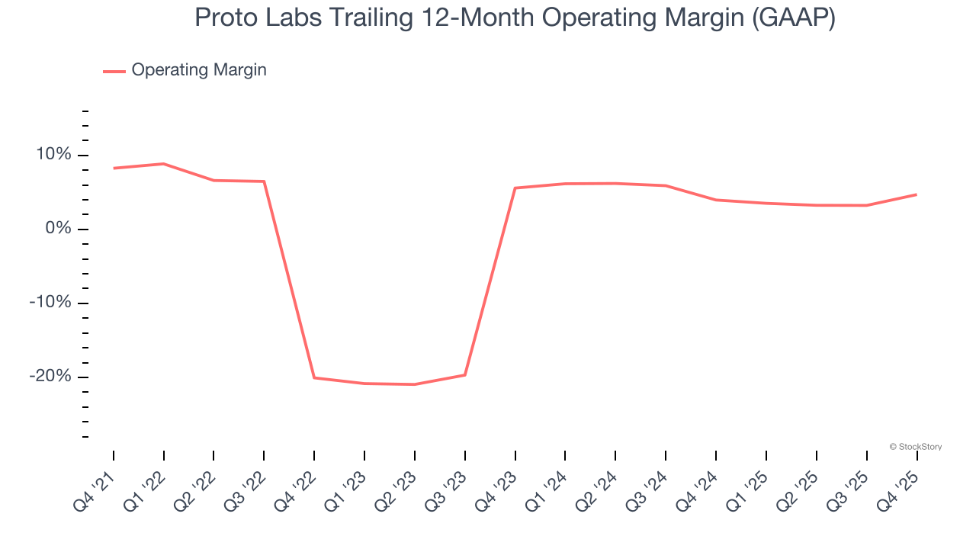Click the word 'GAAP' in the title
tap(792, 18)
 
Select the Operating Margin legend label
tap(199, 70)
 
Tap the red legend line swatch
tap(114, 71)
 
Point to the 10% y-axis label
tap(53, 155)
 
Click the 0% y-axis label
tap(58, 229)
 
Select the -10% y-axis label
tap(50, 303)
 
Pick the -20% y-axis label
tap(50, 377)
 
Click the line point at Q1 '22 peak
tap(163, 164)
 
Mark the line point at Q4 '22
tap(314, 377)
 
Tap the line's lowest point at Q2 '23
tap(415, 384)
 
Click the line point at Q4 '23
tap(515, 188)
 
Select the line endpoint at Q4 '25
tap(916, 194)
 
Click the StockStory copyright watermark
tap(915, 447)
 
